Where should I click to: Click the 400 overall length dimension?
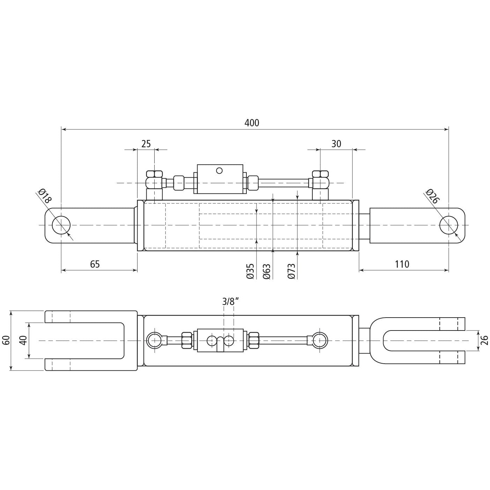click(x=252, y=123)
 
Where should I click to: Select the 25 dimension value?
click(x=146, y=144)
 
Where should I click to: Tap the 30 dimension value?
click(x=336, y=144)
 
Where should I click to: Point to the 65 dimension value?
click(x=95, y=264)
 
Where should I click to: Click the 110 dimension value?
click(x=402, y=264)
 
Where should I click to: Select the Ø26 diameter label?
click(x=432, y=196)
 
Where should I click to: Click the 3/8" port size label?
click(x=230, y=302)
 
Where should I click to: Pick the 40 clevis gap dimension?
click(x=23, y=340)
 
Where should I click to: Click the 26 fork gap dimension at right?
click(x=484, y=340)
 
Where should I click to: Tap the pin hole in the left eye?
click(x=61, y=225)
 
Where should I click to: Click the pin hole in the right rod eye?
click(x=449, y=225)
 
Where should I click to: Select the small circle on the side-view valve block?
click(x=219, y=170)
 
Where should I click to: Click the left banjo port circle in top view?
click(x=154, y=340)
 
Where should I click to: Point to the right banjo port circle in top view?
click(x=320, y=340)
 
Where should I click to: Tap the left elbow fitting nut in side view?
click(x=154, y=174)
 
